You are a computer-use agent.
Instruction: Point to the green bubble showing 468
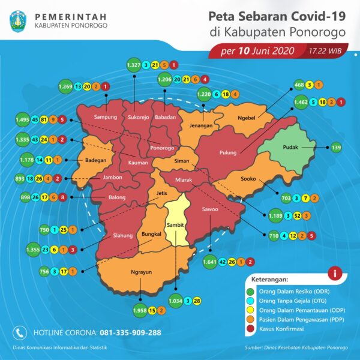[x=299, y=85]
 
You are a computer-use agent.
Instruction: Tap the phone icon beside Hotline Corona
[x=19, y=332]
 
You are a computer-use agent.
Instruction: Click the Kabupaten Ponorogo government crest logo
[x=19, y=20]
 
